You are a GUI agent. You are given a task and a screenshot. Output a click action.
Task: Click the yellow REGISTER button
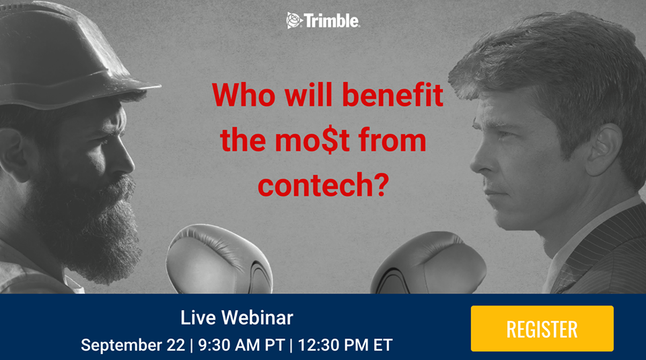point(542,328)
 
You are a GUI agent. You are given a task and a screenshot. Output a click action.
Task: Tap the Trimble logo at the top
point(323,21)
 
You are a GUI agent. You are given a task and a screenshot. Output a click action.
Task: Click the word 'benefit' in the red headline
point(392,95)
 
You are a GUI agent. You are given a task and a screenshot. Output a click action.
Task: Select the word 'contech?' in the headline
point(324,184)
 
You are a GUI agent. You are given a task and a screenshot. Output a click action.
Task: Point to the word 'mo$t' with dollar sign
point(312,140)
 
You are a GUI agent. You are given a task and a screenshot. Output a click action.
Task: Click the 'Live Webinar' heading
point(237,318)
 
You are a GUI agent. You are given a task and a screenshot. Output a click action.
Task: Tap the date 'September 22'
point(133,345)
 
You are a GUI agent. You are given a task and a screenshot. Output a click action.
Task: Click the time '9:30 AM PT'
point(242,345)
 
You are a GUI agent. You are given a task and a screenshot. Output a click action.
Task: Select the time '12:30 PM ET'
point(345,345)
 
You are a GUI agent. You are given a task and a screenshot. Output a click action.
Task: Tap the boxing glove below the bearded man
point(218,260)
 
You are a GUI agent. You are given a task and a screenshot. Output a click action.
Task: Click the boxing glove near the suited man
point(429,264)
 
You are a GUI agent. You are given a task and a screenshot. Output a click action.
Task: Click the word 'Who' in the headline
point(244,95)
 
